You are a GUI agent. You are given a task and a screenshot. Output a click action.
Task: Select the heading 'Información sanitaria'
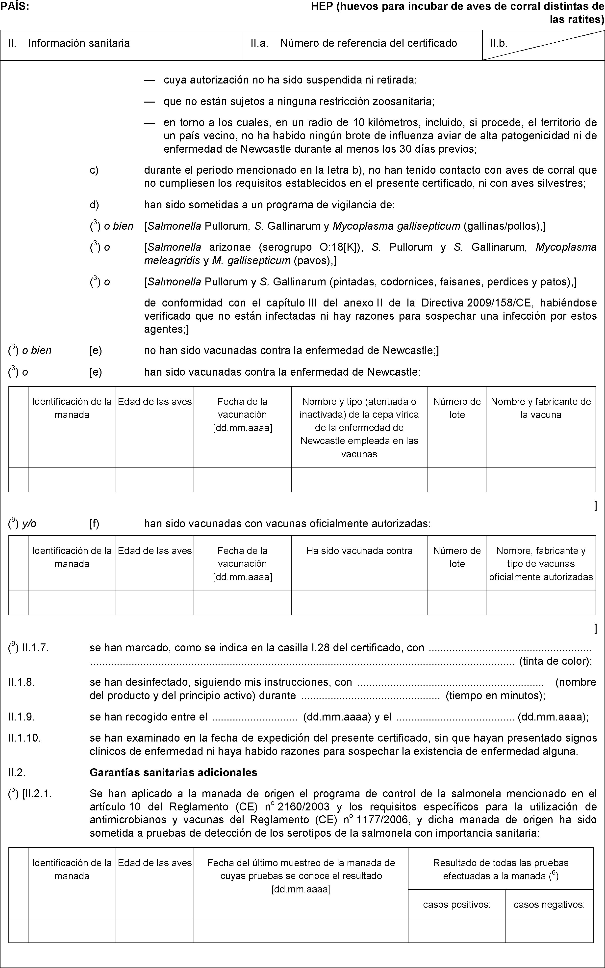pos(79,43)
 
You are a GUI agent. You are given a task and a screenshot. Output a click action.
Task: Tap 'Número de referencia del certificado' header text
pos(369,43)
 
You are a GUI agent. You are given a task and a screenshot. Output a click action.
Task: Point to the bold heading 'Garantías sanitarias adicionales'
pos(173,772)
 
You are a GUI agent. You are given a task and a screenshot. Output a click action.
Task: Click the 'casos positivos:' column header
pos(456,904)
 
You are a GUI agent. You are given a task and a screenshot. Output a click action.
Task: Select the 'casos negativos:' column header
pos(549,904)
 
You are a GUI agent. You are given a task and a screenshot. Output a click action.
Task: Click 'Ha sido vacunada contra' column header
pos(359,551)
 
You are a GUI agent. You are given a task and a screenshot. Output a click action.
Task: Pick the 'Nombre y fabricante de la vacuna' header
pos(541,408)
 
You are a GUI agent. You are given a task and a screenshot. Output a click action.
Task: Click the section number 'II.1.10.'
pos(24,738)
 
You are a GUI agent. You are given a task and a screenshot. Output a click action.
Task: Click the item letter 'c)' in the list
pos(94,170)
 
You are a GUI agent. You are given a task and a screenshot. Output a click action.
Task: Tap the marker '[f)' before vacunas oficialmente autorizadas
pos(94,524)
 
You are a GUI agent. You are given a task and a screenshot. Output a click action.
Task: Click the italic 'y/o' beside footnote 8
pos(29,524)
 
